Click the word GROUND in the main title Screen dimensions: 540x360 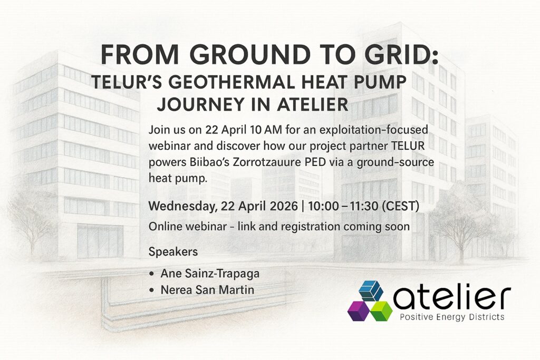(250, 54)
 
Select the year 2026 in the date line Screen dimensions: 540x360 (284, 206)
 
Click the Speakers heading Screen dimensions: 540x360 (173, 251)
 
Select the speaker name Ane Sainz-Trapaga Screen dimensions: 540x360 (210, 274)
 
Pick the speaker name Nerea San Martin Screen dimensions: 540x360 (207, 290)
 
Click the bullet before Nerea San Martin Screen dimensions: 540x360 (152, 290)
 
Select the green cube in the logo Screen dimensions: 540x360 (382, 311)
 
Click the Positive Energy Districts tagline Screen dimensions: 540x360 (452, 317)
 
